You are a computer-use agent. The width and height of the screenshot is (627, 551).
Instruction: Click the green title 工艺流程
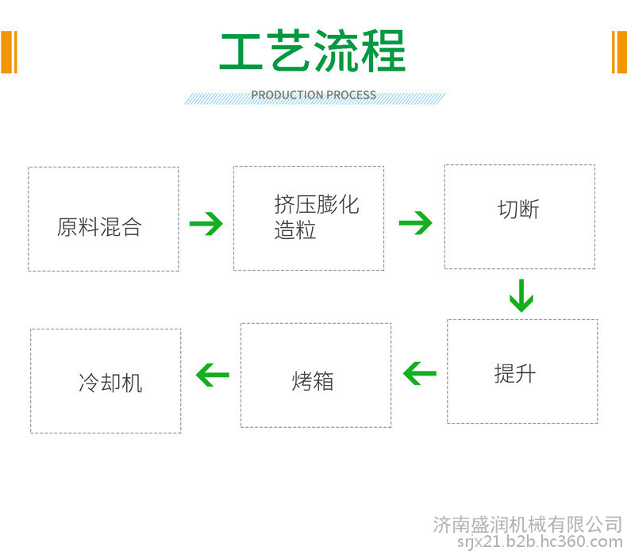313,51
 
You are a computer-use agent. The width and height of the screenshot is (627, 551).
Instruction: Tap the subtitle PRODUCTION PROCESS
313,95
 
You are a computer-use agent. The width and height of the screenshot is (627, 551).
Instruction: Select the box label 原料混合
99,227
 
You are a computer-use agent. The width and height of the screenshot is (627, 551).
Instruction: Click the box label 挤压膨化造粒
317,217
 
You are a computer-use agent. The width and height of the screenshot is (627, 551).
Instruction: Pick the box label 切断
518,210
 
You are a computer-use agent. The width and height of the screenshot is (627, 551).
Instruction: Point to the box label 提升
515,374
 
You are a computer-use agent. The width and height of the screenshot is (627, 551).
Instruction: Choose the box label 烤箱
312,380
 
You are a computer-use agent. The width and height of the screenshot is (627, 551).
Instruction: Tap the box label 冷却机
110,383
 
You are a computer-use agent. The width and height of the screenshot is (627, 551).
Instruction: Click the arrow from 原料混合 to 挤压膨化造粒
206,223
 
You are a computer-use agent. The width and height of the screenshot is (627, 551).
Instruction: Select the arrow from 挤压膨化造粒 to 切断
415,222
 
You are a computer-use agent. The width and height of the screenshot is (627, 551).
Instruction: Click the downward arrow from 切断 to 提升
521,295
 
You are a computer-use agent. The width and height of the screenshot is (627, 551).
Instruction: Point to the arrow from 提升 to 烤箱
420,373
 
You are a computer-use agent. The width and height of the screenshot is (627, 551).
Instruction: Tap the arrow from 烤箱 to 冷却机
213,375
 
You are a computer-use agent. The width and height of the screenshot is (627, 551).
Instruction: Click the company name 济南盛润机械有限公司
528,525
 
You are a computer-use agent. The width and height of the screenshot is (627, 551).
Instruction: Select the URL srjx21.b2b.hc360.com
540,541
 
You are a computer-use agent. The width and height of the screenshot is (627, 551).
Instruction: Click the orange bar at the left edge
9,52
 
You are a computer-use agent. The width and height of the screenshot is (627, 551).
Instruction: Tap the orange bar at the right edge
619,52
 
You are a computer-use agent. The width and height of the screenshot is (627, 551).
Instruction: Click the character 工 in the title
241,52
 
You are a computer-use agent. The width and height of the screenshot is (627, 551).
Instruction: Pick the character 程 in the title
383,51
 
